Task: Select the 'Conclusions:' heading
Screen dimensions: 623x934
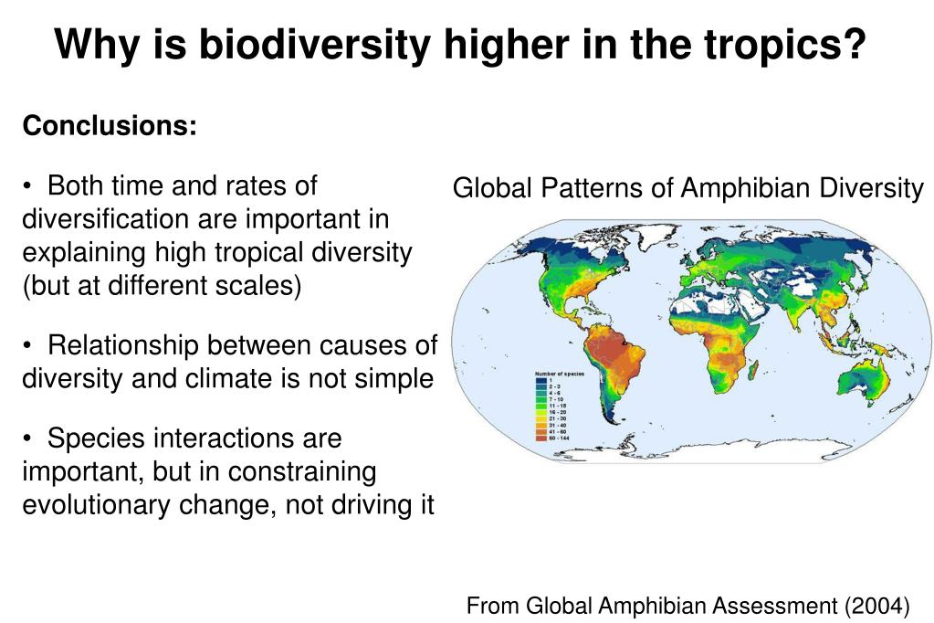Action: (110, 126)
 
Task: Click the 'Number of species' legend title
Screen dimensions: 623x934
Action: (558, 374)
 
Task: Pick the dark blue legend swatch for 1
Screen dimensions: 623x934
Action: (540, 381)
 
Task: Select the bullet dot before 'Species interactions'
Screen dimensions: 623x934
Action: (29, 439)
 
